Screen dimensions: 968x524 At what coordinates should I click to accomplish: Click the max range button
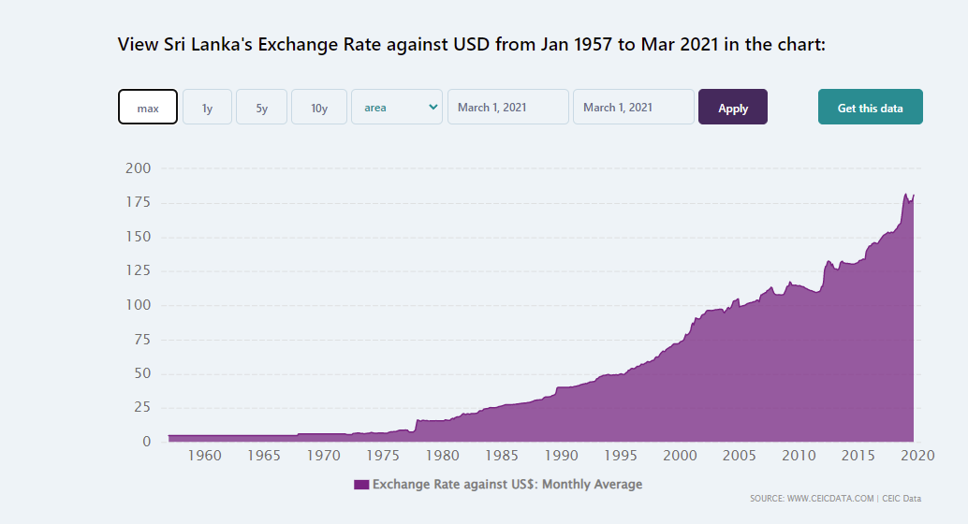[148, 107]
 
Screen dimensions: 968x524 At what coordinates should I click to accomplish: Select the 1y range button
[208, 107]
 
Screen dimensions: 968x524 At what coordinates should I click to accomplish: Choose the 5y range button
[262, 107]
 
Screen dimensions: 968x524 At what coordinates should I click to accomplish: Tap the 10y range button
[319, 107]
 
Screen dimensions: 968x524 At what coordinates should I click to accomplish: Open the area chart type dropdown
[397, 107]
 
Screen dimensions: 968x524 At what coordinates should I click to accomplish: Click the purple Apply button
[733, 107]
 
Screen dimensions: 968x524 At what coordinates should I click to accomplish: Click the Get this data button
[871, 107]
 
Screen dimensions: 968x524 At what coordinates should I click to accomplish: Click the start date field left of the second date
[508, 107]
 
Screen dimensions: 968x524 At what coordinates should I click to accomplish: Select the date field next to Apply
[634, 107]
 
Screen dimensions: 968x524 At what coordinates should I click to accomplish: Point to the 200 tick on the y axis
[139, 167]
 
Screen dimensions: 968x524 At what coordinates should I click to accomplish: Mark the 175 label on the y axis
[139, 202]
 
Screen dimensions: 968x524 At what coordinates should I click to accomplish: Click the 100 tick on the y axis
[139, 305]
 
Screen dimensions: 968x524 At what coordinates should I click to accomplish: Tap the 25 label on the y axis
[142, 407]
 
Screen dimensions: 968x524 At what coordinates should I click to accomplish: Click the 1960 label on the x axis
[204, 456]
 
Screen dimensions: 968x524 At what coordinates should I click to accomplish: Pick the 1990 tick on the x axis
[561, 456]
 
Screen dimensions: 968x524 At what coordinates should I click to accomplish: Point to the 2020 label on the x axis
[917, 456]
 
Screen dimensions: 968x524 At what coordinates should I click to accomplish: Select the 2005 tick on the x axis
[740, 456]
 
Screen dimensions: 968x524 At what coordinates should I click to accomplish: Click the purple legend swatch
[361, 485]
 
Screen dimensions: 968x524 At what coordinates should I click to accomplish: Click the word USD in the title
[472, 44]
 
